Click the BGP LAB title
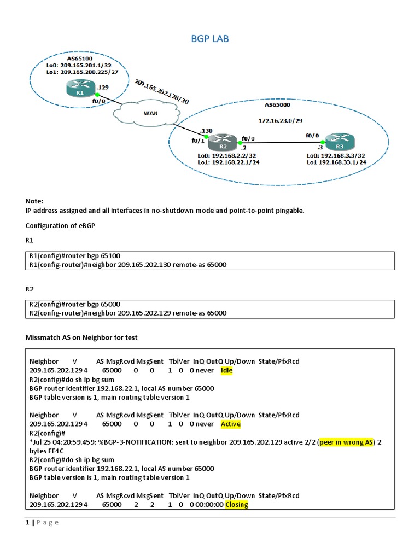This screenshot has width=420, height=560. pyautogui.click(x=210, y=38)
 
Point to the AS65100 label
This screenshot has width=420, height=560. pyautogui.click(x=80, y=57)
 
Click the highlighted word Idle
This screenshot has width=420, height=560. pyautogui.click(x=226, y=370)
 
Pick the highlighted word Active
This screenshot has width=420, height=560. pyautogui.click(x=230, y=424)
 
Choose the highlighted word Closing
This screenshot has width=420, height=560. pyautogui.click(x=236, y=504)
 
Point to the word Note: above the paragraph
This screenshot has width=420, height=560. pyautogui.click(x=34, y=201)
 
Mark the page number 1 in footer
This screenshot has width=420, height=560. pyautogui.click(x=27, y=522)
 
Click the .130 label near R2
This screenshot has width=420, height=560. pyautogui.click(x=206, y=131)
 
